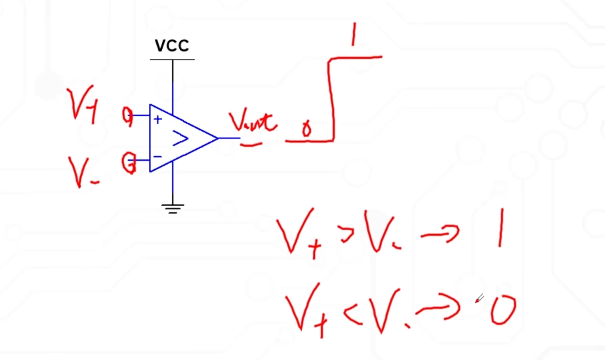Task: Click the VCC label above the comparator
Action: (172, 46)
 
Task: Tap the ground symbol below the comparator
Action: (173, 209)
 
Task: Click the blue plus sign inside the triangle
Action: (157, 119)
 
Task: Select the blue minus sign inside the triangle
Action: (157, 157)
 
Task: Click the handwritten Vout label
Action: (253, 122)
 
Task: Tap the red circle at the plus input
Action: (127, 116)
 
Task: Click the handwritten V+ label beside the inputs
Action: (83, 106)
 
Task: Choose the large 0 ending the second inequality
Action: (502, 310)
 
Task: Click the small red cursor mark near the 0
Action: (479, 298)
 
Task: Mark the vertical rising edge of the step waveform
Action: (333, 98)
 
